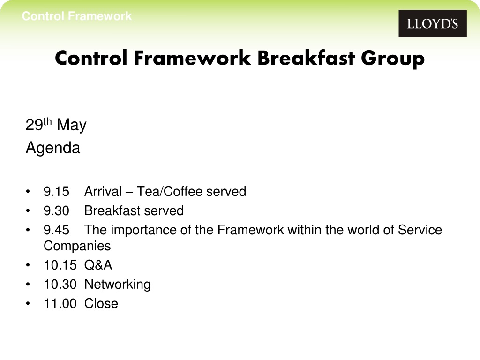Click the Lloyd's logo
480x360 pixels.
click(x=433, y=23)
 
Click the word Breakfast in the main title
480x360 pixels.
click(x=306, y=58)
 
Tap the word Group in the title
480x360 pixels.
click(x=393, y=59)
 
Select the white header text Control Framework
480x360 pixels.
click(x=76, y=16)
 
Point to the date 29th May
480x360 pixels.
click(x=56, y=124)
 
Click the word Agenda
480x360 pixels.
click(x=53, y=148)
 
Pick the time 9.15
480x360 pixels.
click(x=56, y=191)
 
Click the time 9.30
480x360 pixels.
click(x=56, y=210)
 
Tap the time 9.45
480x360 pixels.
click(x=56, y=230)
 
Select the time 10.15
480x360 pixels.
click(x=60, y=265)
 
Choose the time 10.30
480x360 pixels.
click(x=60, y=285)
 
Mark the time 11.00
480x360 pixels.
click(x=60, y=304)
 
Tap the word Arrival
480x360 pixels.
click(x=103, y=191)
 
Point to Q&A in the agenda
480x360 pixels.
click(x=98, y=265)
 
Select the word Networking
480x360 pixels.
click(x=118, y=285)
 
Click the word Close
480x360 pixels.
click(x=101, y=304)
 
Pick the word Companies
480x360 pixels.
click(x=77, y=246)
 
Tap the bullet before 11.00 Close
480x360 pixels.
click(x=28, y=304)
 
